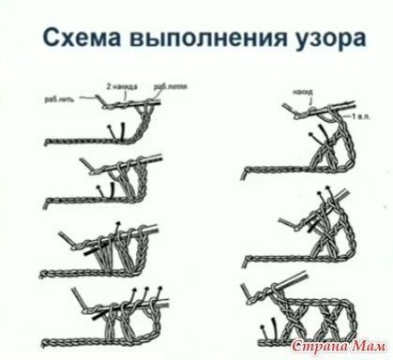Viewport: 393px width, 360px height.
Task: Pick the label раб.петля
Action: pyautogui.click(x=174, y=85)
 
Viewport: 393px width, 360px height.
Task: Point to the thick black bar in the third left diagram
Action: pyautogui.click(x=89, y=252)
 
